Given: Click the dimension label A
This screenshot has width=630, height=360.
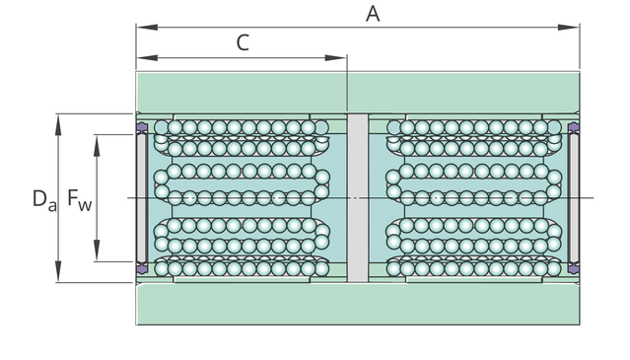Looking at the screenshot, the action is [x=373, y=14].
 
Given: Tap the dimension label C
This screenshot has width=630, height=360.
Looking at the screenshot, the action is [x=243, y=43].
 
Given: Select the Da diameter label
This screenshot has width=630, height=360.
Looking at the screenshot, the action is [x=44, y=199].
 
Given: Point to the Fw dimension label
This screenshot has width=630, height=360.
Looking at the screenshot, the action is [x=80, y=199].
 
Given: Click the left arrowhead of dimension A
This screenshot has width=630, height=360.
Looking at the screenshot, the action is [x=147, y=28].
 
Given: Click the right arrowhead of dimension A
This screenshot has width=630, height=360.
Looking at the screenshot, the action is [x=569, y=28].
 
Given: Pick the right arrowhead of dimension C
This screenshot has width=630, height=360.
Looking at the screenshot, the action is [x=335, y=58].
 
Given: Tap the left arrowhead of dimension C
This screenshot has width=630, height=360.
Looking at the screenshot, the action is [x=147, y=58].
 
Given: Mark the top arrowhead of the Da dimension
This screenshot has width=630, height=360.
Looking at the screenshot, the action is [x=58, y=124].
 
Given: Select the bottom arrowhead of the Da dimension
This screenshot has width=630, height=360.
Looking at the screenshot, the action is [x=58, y=271].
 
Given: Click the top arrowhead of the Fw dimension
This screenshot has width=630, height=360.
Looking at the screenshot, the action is [x=97, y=145].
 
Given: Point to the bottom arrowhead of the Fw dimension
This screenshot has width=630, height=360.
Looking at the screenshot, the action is [x=97, y=251].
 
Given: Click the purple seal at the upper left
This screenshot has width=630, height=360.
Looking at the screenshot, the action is [x=142, y=128].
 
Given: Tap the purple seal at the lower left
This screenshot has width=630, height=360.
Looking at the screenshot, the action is [x=142, y=268].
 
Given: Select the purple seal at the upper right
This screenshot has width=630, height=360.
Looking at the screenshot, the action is [x=574, y=128].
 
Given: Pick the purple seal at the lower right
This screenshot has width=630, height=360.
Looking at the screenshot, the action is [x=574, y=268].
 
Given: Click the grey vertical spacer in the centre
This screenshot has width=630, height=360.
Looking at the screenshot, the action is [x=358, y=198].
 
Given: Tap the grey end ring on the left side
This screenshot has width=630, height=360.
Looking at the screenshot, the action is [x=142, y=198].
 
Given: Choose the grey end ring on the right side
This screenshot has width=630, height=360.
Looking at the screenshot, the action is [x=574, y=198].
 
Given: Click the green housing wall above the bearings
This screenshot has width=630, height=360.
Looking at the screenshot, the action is [x=358, y=93].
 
